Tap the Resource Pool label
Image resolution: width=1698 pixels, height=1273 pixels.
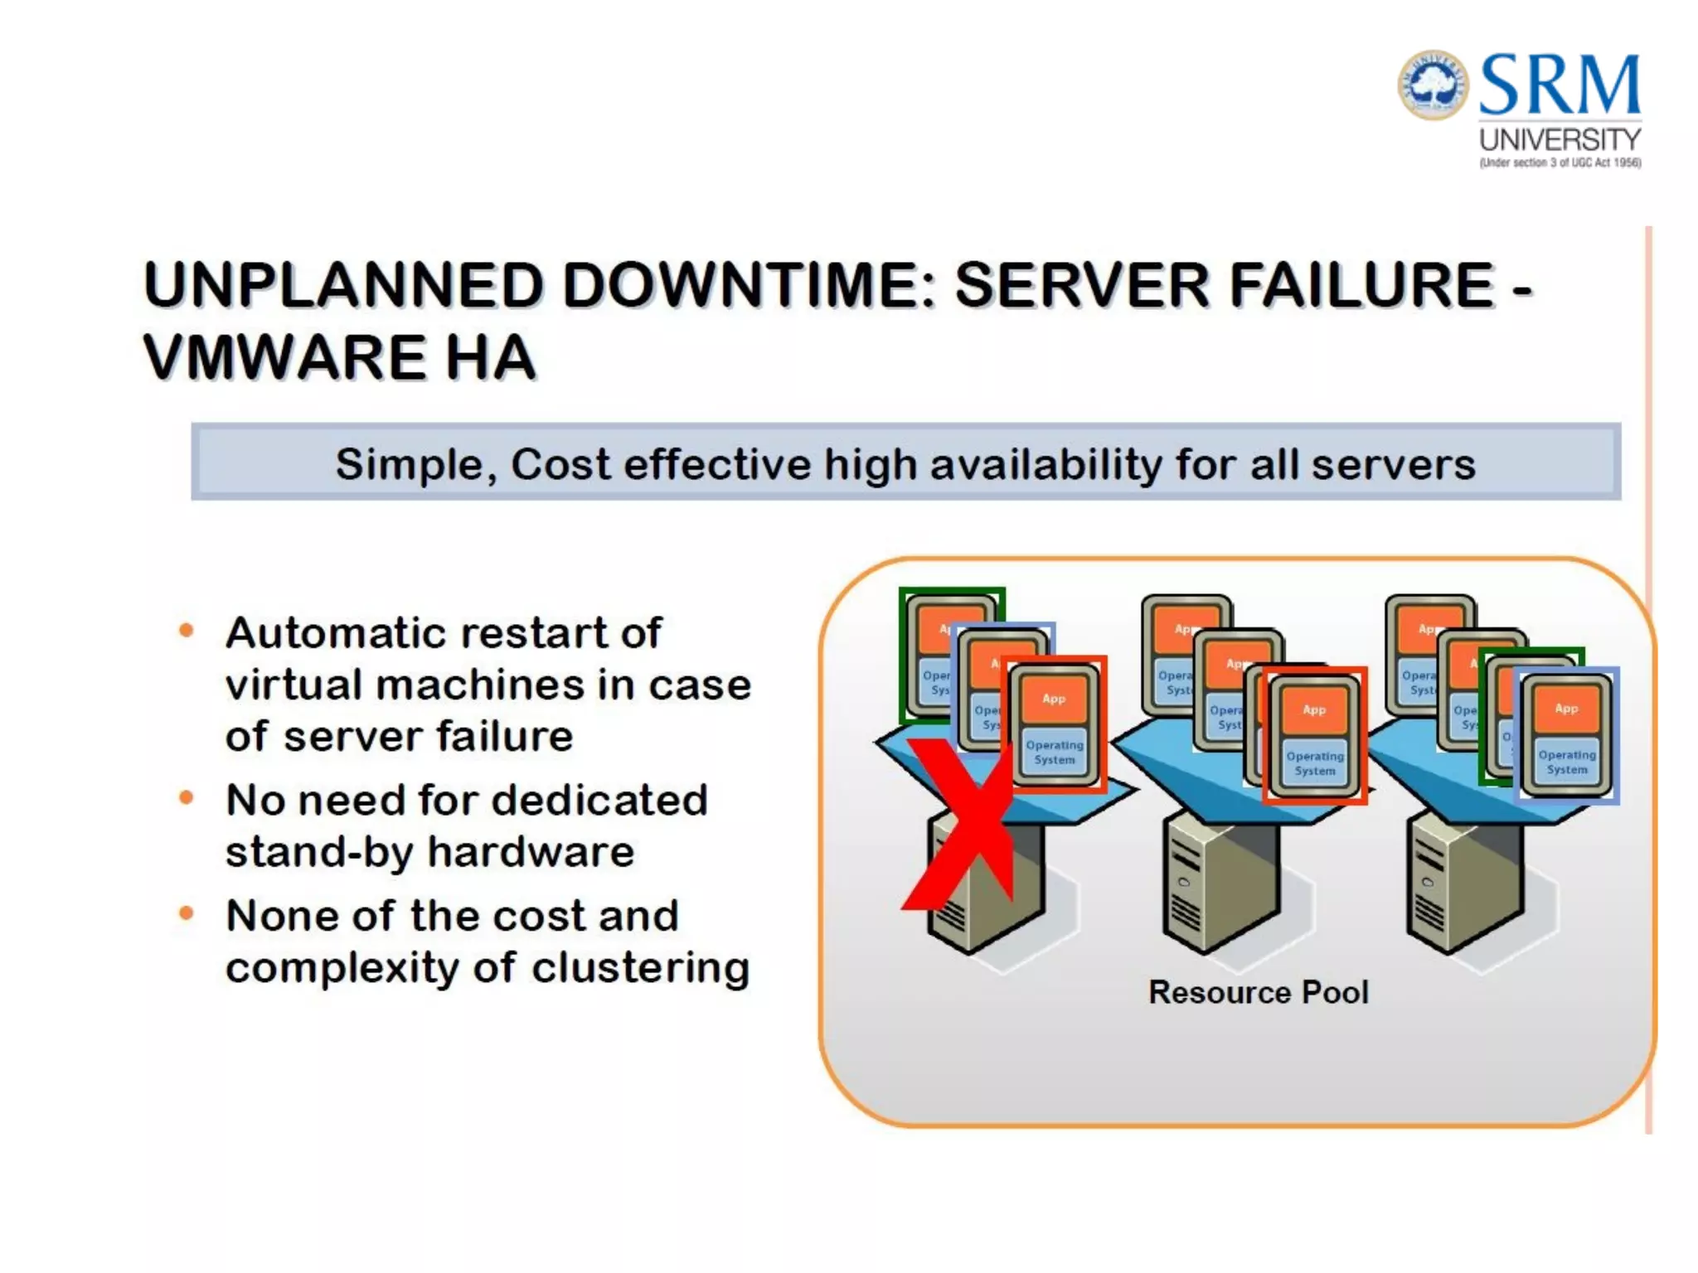(1258, 992)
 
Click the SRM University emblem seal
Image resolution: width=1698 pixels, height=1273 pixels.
(1433, 85)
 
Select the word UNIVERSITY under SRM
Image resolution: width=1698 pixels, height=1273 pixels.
(1560, 139)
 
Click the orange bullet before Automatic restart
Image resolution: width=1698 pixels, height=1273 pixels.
(187, 632)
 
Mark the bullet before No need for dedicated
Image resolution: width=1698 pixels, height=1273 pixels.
(187, 798)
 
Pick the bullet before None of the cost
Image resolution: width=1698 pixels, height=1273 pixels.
(187, 914)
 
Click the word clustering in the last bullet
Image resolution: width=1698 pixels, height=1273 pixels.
(640, 967)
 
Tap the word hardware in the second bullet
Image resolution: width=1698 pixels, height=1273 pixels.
(531, 852)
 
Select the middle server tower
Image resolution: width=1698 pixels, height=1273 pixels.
(1219, 887)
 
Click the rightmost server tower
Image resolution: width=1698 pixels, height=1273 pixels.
(1463, 887)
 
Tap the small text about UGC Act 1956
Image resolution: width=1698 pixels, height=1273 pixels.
(1560, 163)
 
